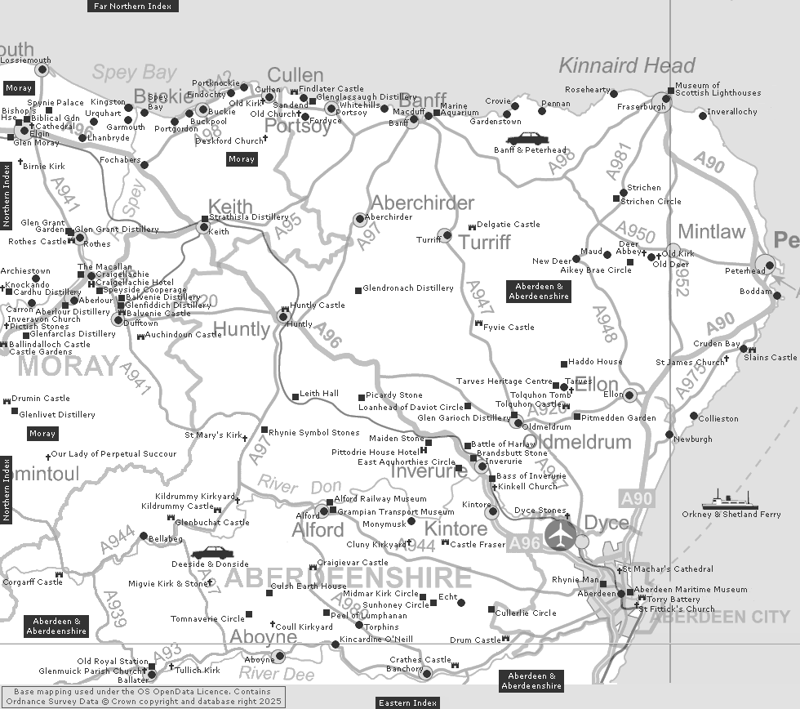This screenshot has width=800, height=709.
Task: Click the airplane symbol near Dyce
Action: click(560, 535)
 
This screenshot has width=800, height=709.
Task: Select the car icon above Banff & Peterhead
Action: click(527, 138)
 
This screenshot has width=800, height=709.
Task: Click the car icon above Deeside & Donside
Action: click(212, 553)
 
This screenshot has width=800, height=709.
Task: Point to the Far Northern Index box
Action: click(132, 6)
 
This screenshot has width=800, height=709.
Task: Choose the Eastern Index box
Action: click(408, 702)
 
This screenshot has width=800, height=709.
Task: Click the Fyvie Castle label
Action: click(509, 327)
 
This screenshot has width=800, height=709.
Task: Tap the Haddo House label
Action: click(595, 362)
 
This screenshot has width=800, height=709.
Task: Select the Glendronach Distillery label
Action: click(408, 288)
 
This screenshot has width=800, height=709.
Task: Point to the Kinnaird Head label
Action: click(627, 65)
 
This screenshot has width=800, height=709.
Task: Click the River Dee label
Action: click(276, 674)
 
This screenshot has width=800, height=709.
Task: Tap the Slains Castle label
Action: click(770, 357)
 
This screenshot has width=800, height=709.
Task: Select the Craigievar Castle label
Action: click(352, 563)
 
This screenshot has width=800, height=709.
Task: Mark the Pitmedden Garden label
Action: click(619, 417)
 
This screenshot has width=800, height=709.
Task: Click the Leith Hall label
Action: click(319, 394)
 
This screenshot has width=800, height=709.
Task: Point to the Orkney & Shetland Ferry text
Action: click(731, 515)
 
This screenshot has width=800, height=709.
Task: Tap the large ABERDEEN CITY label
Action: click(720, 617)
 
